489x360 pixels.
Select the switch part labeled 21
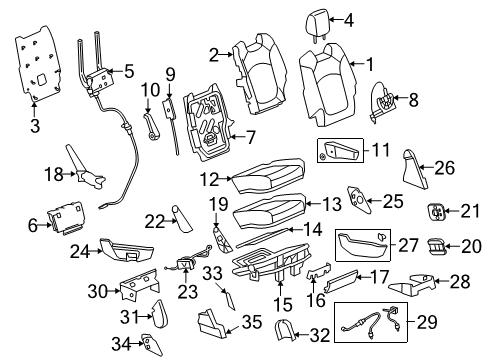pyautogui.click(x=436, y=212)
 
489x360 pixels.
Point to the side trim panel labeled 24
pyautogui.click(x=127, y=249)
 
